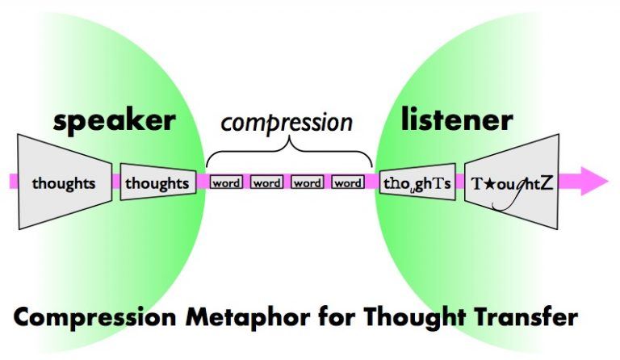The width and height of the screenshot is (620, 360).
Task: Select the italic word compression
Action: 287,122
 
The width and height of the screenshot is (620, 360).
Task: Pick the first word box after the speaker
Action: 226,183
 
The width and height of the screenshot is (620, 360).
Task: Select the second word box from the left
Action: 266,183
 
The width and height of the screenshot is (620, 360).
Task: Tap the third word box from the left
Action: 308,183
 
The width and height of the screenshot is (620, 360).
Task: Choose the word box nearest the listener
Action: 348,183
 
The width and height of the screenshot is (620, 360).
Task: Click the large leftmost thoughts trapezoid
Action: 63,183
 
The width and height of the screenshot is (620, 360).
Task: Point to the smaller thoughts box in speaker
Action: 157,183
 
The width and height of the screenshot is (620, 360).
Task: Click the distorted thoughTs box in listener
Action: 416,183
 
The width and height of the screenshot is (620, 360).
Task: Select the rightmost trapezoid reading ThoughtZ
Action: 512,183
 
